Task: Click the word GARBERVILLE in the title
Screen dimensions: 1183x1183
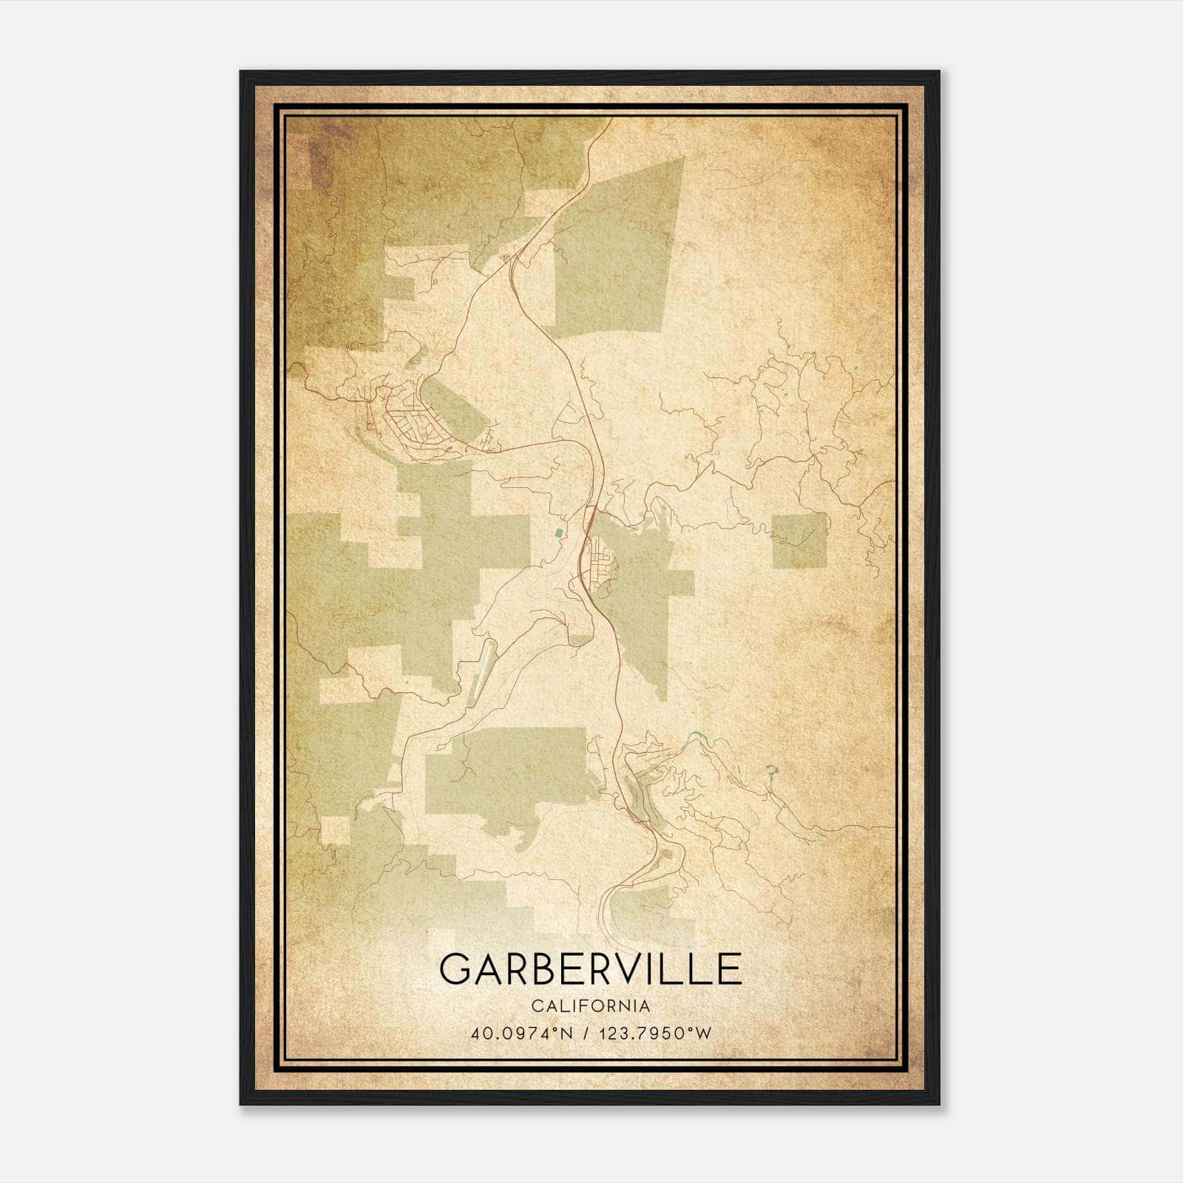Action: click(590, 968)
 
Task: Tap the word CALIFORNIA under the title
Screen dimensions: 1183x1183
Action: click(590, 1006)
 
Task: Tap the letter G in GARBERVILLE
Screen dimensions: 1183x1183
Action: click(456, 968)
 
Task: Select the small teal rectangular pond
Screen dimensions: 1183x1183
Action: click(558, 532)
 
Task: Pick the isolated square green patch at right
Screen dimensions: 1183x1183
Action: click(799, 540)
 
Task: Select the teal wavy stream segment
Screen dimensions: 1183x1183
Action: click(695, 737)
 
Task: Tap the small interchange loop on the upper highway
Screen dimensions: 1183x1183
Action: click(507, 257)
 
